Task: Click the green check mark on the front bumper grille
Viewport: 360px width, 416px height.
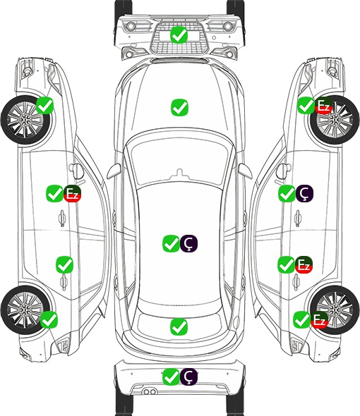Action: coord(179,35)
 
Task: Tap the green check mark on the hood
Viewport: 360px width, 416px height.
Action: coord(179,107)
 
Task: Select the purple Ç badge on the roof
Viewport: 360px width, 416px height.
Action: coord(188,243)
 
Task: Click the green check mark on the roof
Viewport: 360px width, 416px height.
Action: coord(171,243)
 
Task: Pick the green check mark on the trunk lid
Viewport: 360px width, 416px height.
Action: coord(179,326)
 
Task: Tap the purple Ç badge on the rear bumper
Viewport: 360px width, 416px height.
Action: coord(188,377)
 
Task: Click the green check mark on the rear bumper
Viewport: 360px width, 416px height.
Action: coord(171,377)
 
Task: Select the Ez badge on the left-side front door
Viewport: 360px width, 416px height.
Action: coord(72,193)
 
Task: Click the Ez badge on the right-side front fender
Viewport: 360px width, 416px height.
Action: coord(323,106)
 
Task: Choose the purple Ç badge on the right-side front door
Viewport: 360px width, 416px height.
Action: coord(304,193)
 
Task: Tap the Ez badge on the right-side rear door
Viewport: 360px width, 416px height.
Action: coord(304,264)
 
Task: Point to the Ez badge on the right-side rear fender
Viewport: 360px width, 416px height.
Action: coord(319,319)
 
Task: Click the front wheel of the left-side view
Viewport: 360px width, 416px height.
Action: coord(25,120)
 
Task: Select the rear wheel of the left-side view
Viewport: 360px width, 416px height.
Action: coord(25,310)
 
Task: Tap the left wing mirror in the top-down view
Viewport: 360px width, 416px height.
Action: coord(114,171)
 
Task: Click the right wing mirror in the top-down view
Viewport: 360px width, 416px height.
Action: coord(244,171)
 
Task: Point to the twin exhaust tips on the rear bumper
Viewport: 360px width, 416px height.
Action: coord(150,392)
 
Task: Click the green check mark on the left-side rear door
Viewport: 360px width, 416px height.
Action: coord(64,264)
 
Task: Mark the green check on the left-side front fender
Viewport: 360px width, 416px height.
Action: coord(44,106)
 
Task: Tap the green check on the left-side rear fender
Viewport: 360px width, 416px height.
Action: coord(49,319)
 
